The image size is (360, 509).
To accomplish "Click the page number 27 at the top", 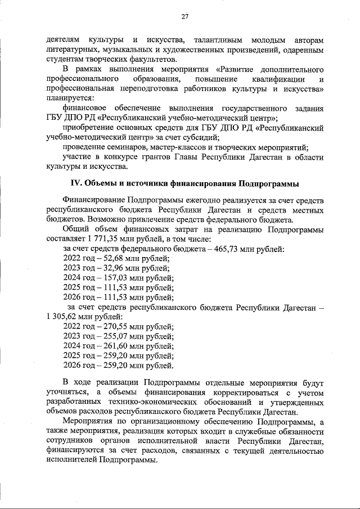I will (x=184, y=16).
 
